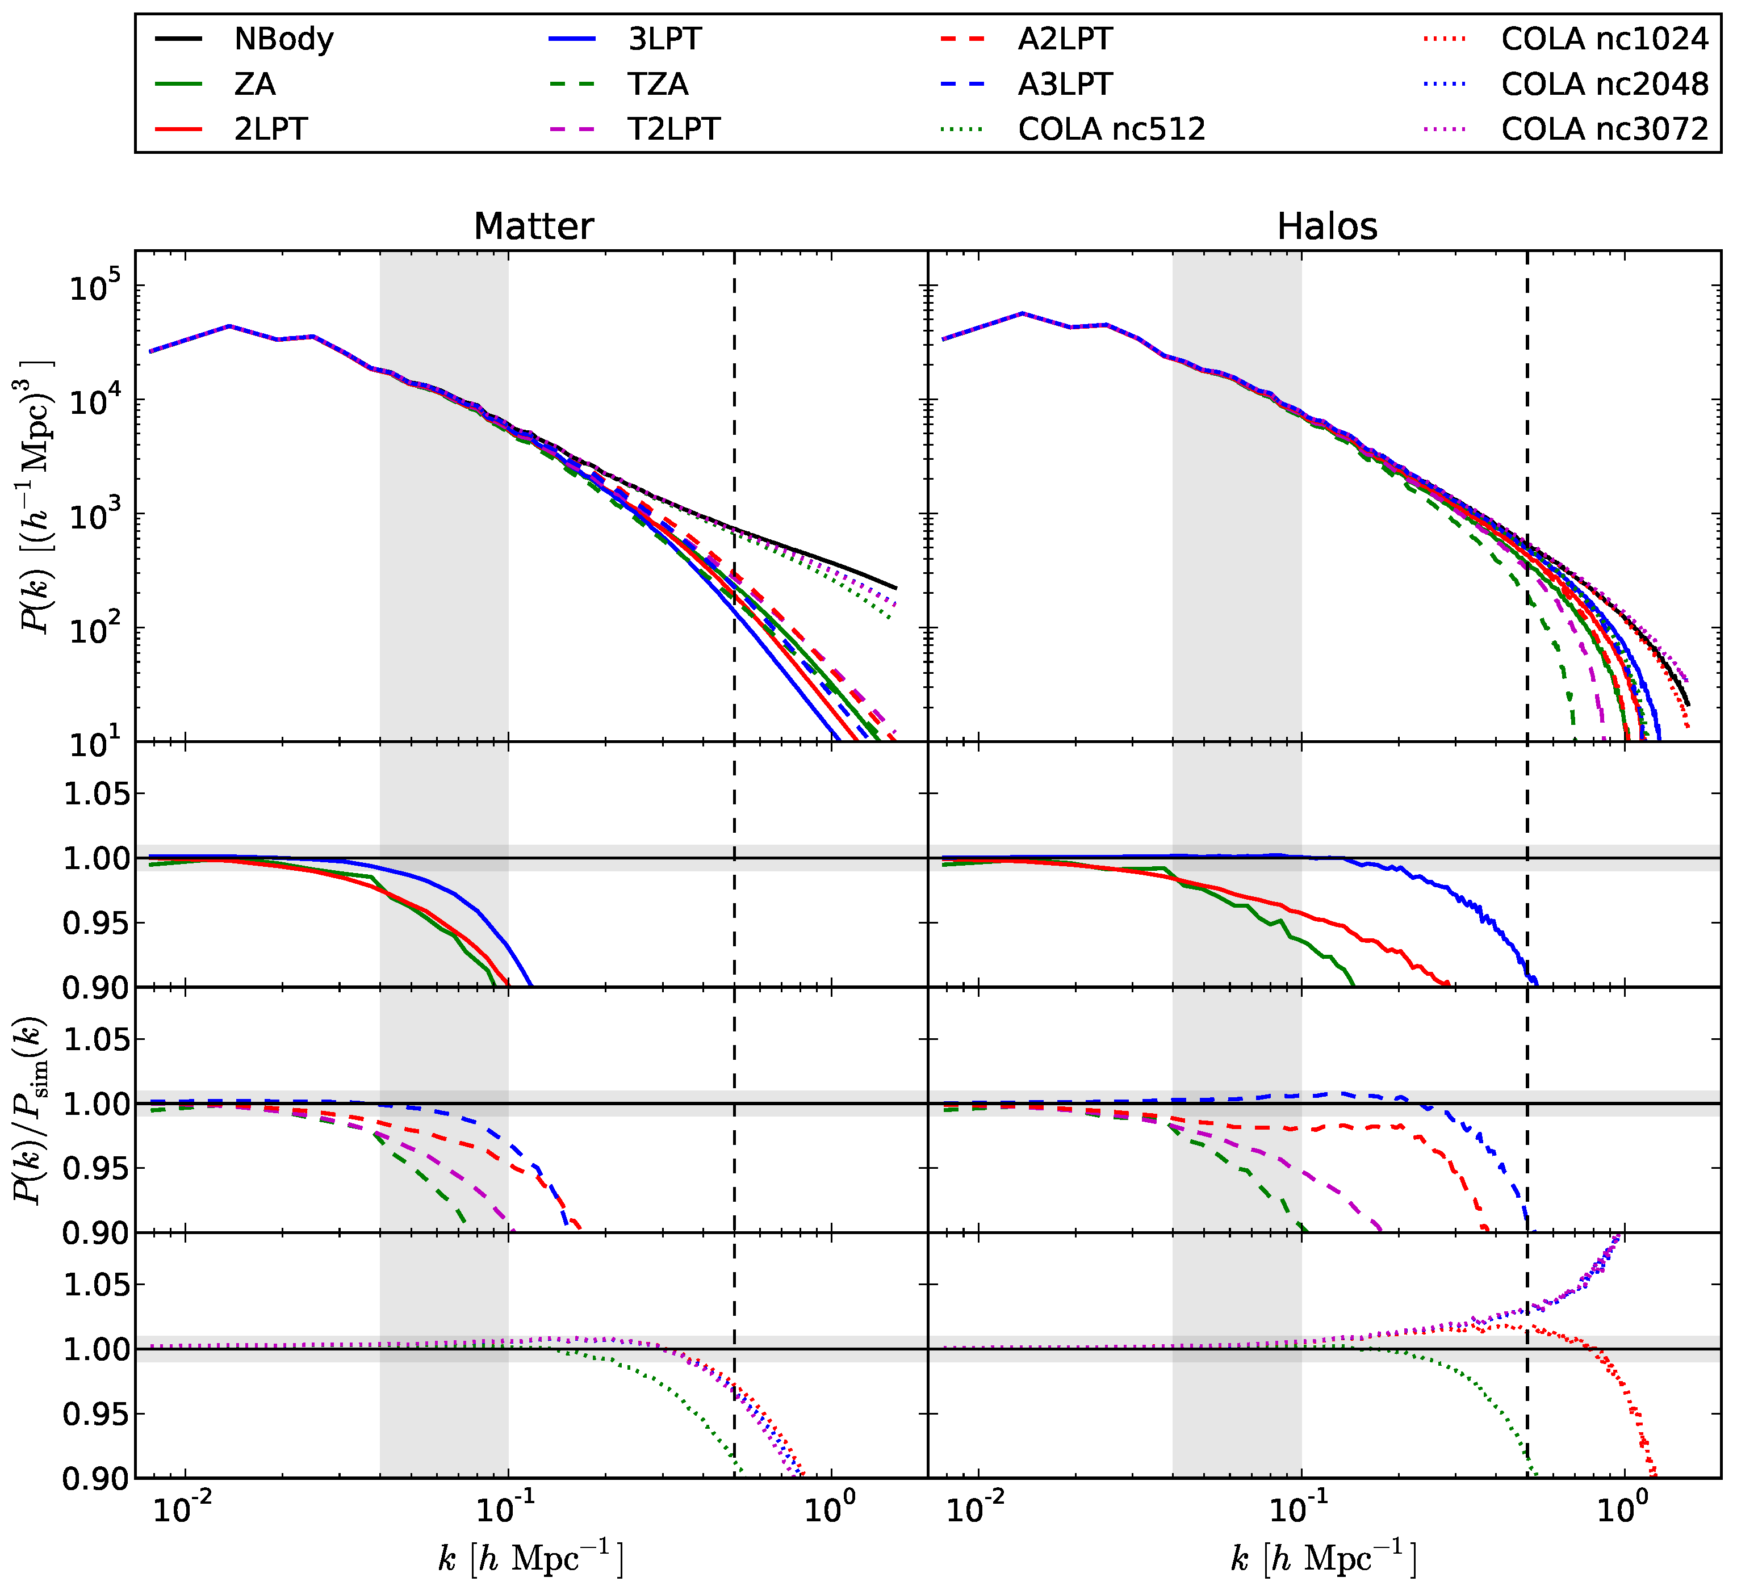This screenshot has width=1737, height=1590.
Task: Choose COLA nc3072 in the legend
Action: tap(1604, 129)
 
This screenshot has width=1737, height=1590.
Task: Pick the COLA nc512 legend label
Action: tap(1111, 129)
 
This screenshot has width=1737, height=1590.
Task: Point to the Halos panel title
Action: tap(1327, 226)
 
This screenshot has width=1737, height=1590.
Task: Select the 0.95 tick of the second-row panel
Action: tap(97, 924)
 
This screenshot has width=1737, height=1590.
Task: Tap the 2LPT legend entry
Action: tap(270, 129)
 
